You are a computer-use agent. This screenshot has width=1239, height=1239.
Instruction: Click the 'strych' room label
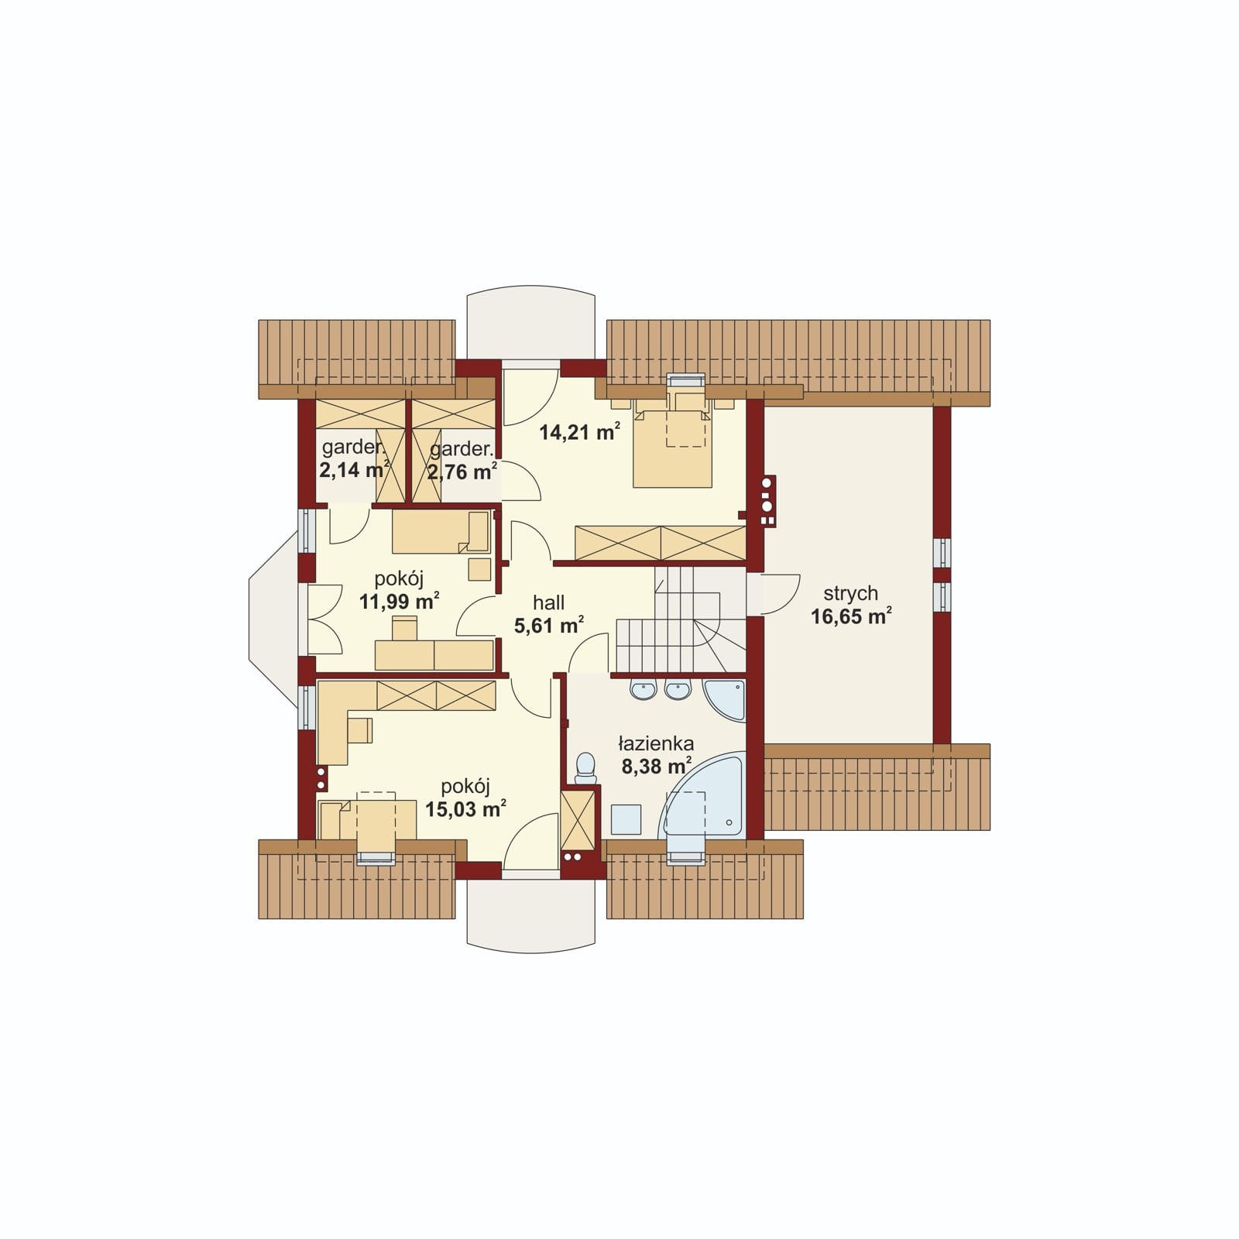[x=850, y=594]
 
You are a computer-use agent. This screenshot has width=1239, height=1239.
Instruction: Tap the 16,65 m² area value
[x=850, y=616]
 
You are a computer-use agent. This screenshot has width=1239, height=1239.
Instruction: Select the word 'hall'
[x=548, y=602]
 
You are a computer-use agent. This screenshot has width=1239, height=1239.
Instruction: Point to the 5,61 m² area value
[x=548, y=625]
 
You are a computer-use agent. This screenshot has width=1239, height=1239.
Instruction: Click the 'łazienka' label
[x=656, y=744]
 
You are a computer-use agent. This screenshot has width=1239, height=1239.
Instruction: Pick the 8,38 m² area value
[x=656, y=767]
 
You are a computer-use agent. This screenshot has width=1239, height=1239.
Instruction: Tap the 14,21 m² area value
[x=579, y=432]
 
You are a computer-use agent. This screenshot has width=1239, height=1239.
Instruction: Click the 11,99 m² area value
[x=399, y=601]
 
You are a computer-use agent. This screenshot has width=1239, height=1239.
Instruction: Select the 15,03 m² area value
[x=465, y=808]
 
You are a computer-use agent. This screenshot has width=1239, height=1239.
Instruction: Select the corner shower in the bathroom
[x=724, y=700]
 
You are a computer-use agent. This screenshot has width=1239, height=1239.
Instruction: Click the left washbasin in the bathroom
[x=644, y=689]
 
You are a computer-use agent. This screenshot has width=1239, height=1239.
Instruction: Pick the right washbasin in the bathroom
[x=678, y=689]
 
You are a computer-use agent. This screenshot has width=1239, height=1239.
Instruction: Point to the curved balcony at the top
[x=530, y=324]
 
